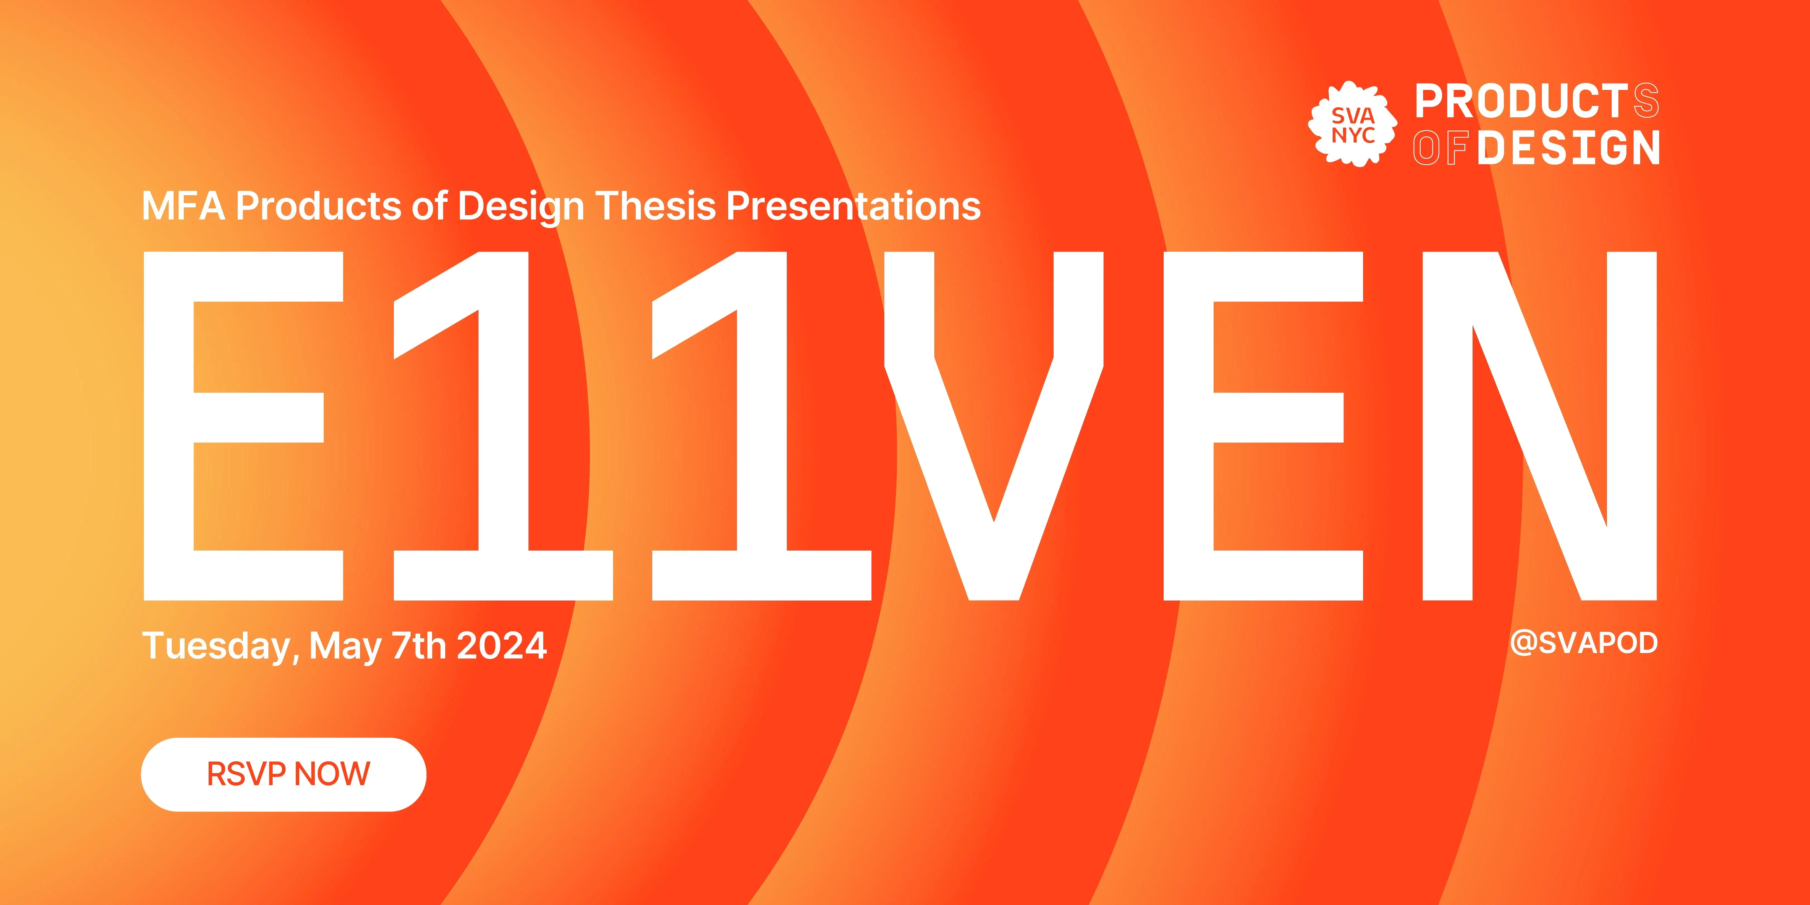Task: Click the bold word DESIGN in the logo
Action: pyautogui.click(x=1568, y=147)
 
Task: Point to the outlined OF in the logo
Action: pyautogui.click(x=1440, y=147)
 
